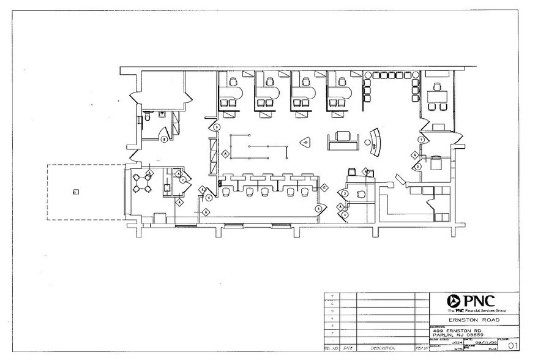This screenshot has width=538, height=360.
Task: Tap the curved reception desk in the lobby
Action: click(x=375, y=143)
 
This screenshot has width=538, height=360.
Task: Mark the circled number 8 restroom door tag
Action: click(x=164, y=139)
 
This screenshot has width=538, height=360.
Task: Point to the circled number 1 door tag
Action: click(x=421, y=140)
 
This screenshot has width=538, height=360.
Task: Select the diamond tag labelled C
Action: click(x=325, y=187)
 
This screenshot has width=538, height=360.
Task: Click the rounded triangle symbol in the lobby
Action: click(x=304, y=142)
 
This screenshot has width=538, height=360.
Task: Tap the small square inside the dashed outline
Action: click(x=75, y=192)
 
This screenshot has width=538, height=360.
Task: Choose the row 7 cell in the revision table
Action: click(x=331, y=296)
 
